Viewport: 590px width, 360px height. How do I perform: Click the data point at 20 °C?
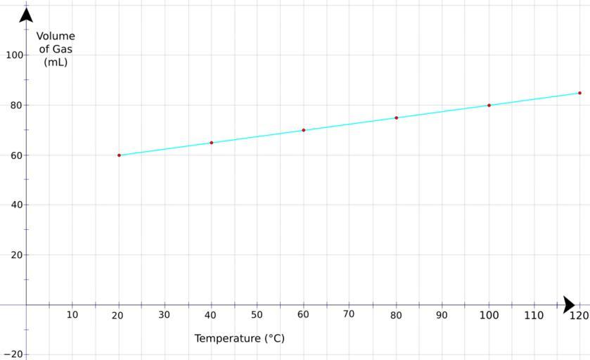(119, 155)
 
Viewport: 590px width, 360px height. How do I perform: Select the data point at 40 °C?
(211, 143)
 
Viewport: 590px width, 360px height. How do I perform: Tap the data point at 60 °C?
(303, 130)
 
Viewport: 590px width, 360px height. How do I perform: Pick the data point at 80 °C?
(396, 118)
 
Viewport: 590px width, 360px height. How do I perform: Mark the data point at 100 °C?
(489, 105)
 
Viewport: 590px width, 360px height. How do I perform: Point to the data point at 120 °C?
(579, 93)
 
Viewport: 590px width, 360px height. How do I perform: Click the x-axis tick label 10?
(72, 315)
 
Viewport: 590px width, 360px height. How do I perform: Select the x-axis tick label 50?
(257, 315)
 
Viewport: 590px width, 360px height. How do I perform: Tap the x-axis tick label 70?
(349, 314)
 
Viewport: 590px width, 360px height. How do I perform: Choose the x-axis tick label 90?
(442, 315)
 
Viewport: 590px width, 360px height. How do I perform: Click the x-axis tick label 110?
(534, 315)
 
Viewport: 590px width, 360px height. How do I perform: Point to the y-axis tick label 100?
(14, 55)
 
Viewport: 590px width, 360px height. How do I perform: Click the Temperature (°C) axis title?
(239, 338)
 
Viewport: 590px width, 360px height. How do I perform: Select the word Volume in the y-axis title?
(56, 37)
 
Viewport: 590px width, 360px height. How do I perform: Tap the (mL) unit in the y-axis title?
(56, 62)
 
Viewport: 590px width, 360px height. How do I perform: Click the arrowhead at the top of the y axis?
(26, 14)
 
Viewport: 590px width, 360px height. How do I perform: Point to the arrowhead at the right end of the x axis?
(569, 305)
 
